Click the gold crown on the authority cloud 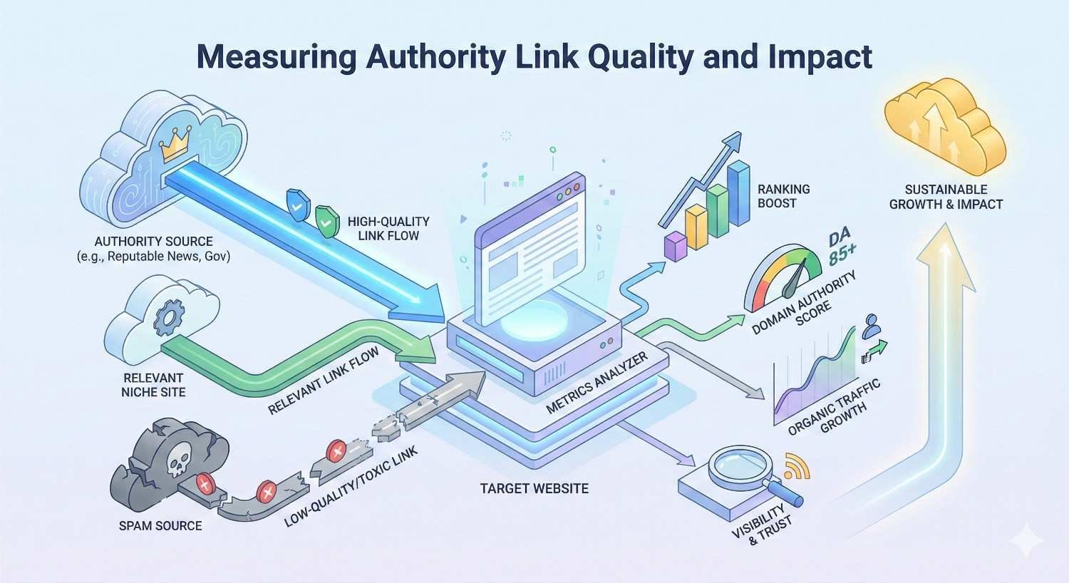(174, 148)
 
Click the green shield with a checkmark (326, 222)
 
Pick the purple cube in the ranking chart (674, 246)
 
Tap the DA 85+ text (842, 247)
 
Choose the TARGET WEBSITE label (534, 489)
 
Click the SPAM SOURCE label (160, 526)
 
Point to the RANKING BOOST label (783, 196)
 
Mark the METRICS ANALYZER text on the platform (597, 383)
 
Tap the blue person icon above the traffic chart (871, 328)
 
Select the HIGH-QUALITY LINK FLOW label (388, 228)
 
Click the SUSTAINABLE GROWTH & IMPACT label (946, 197)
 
